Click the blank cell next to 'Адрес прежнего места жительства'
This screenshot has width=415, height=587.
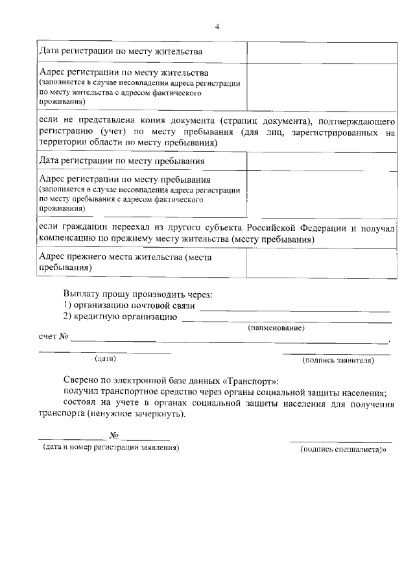pos(322,263)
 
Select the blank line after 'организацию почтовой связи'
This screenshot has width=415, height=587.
pos(294,309)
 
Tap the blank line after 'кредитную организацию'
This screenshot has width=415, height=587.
pos(286,320)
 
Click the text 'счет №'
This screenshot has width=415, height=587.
pos(54,337)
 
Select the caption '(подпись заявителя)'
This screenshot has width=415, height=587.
pos(338,361)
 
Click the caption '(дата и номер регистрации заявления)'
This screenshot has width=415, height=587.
pos(108,448)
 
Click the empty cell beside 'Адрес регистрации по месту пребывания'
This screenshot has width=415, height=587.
pos(322,193)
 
